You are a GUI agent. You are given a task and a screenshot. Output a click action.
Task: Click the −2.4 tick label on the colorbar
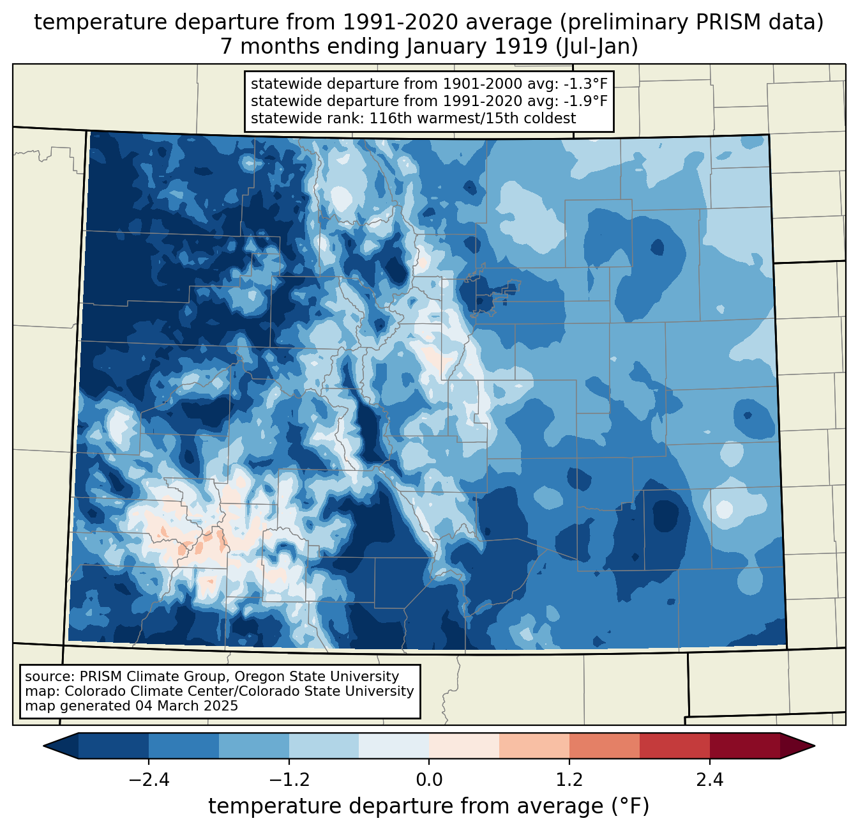pyautogui.click(x=149, y=781)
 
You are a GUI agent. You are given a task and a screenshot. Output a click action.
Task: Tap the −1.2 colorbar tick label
pyautogui.click(x=289, y=781)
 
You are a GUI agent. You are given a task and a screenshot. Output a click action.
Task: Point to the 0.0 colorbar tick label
pyautogui.click(x=429, y=781)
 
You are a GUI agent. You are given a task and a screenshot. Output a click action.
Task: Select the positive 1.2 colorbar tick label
pyautogui.click(x=569, y=781)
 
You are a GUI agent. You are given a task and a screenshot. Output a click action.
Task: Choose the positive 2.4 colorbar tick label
pyautogui.click(x=709, y=781)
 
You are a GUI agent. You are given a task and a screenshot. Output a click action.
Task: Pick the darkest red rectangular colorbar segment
pyautogui.click(x=744, y=746)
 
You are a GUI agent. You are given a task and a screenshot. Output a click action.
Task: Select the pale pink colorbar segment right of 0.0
pyautogui.click(x=464, y=746)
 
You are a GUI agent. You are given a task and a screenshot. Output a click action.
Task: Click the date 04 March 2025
pyautogui.click(x=186, y=706)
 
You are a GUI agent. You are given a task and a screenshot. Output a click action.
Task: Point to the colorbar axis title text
pyautogui.click(x=429, y=806)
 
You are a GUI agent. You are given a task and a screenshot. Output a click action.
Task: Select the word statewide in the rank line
pyautogui.click(x=278, y=118)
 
